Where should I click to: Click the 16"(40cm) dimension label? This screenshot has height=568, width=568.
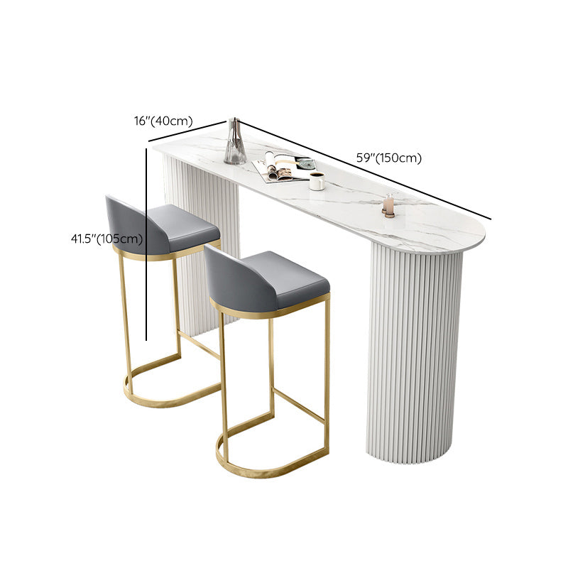[x=163, y=121]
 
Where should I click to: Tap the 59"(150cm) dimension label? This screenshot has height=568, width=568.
[x=389, y=158]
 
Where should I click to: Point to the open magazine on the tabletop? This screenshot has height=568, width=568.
[x=283, y=168]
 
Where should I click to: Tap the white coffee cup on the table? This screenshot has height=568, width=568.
[x=317, y=181]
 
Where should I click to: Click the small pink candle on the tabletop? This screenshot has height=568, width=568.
[x=388, y=205]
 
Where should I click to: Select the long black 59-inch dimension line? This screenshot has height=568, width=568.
[x=362, y=170]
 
